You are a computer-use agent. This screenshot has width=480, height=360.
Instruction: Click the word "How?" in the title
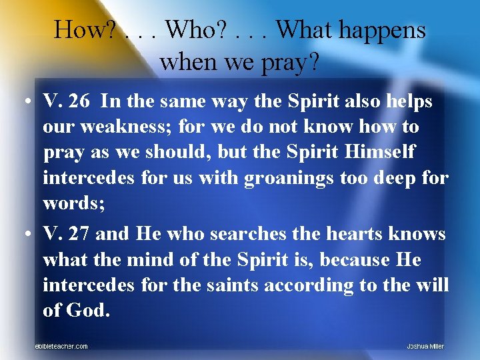click(x=86, y=31)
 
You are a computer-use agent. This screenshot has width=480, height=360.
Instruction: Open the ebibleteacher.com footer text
click(x=61, y=346)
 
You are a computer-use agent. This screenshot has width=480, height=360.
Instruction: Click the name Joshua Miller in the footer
click(x=425, y=346)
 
